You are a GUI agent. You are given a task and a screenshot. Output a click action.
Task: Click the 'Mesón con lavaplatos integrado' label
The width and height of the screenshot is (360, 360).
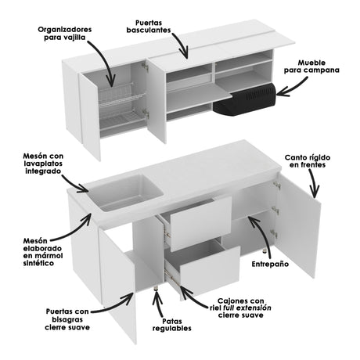tap(49, 164)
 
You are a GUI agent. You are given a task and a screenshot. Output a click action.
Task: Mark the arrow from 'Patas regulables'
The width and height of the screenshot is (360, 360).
tap(160, 304)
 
